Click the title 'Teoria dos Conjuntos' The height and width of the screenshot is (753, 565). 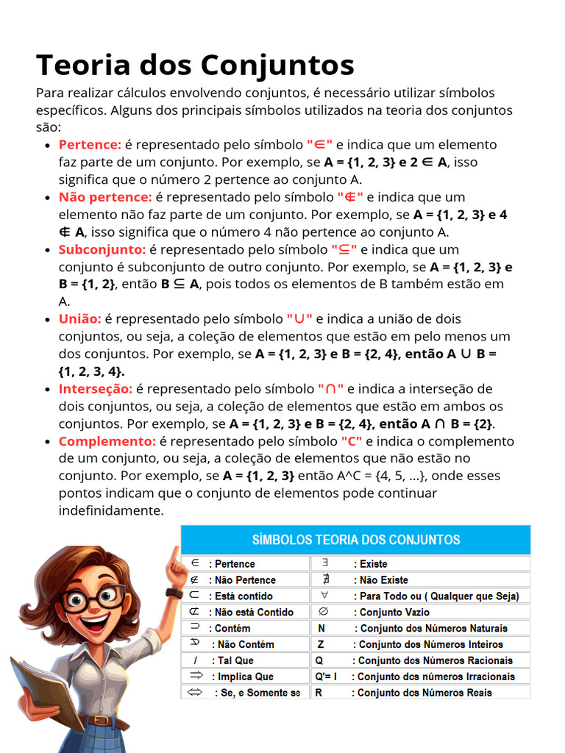pos(195,65)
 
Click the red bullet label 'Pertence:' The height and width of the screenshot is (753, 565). pos(90,145)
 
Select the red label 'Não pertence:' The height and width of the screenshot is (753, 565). pos(105,197)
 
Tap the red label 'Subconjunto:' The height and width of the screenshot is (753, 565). pos(102,249)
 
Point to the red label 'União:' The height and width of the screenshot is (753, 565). pos(79,319)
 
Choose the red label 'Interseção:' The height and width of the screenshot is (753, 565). pos(96,389)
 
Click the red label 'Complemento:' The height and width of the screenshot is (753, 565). pos(107,441)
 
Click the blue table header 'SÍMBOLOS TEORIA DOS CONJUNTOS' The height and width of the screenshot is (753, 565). pos(355,540)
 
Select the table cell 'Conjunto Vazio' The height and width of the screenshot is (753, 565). pos(394,612)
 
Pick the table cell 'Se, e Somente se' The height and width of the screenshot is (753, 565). pos(257,693)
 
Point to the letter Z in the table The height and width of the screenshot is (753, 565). pos(321,644)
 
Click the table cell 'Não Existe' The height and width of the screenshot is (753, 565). pos(383,580)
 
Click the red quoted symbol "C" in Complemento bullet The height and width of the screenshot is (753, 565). pos(352,441)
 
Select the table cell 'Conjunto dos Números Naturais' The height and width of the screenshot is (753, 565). pos(432,628)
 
